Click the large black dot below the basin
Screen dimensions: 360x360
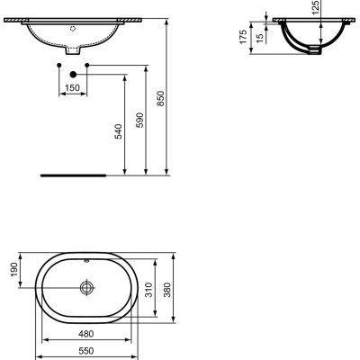point(73,75)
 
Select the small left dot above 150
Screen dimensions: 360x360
point(59,67)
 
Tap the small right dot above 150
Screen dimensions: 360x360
point(86,67)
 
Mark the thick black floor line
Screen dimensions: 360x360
point(73,174)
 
